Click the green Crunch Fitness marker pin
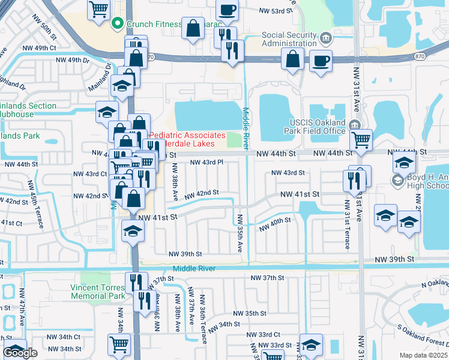click(117, 24)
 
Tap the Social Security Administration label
click(289, 39)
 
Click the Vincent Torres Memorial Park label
click(98, 292)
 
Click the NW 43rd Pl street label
click(206, 162)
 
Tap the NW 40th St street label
click(275, 224)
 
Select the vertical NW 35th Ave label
click(240, 233)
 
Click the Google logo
click(20, 353)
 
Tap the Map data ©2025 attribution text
click(423, 355)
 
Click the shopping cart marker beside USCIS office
click(361, 139)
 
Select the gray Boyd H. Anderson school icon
click(397, 180)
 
